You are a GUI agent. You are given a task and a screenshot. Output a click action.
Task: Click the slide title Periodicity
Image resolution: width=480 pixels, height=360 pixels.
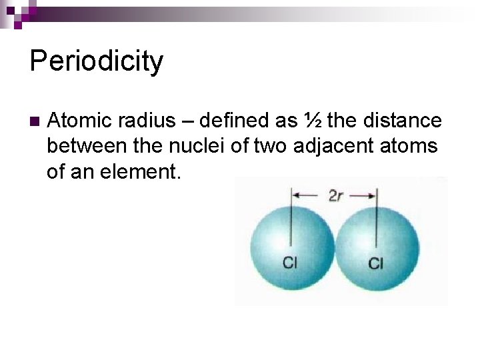point(97,61)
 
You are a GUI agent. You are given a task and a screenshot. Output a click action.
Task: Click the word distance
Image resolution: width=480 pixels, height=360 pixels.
point(402,121)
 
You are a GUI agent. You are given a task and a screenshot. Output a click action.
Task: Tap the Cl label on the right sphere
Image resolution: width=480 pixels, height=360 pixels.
point(376,264)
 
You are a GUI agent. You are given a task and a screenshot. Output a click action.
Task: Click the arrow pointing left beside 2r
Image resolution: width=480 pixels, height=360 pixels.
point(308,196)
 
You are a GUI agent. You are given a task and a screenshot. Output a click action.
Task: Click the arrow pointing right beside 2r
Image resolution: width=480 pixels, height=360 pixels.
point(363,196)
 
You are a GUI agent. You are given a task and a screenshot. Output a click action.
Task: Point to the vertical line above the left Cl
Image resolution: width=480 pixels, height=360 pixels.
point(291,220)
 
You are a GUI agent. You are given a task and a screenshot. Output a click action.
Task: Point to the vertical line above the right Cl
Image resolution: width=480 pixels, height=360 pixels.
point(377,220)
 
